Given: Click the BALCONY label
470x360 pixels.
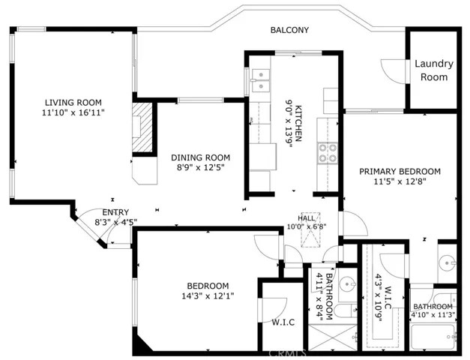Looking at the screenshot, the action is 289,30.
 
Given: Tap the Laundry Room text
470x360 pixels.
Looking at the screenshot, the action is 434,70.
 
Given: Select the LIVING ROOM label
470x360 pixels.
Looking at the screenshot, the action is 73,103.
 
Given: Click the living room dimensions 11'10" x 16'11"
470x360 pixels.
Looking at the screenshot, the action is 73,112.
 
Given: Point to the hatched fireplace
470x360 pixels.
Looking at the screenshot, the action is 142,127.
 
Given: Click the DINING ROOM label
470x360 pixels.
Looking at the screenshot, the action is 201,157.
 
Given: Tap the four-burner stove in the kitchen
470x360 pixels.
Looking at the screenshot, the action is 328,153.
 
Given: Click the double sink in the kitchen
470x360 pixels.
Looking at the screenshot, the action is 260,80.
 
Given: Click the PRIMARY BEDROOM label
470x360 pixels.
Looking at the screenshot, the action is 400,172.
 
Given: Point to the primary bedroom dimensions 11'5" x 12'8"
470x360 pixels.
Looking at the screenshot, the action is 400,181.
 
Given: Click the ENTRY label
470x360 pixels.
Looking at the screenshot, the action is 115,212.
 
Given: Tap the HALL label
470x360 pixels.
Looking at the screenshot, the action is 307,218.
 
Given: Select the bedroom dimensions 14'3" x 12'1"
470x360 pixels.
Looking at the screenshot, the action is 208,296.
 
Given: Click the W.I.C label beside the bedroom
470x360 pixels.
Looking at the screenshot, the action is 283,322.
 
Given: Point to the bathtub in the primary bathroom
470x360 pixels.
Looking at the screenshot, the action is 433,337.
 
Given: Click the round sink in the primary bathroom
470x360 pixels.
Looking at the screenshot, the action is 448,263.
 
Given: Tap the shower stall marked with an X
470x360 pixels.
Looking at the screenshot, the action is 333,337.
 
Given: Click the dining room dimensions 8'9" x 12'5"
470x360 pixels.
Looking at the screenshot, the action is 201,167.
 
